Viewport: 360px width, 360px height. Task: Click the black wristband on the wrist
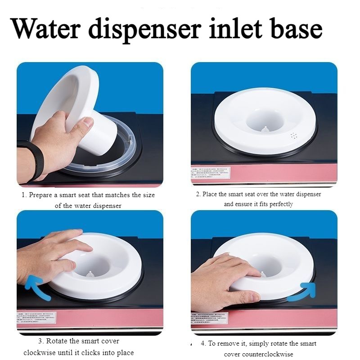pyautogui.click(x=31, y=160)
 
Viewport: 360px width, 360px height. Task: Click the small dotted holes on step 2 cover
pyautogui.click(x=295, y=135)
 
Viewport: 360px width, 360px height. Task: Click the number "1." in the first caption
pyautogui.click(x=25, y=195)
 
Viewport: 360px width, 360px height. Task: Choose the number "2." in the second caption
pyautogui.click(x=198, y=194)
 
